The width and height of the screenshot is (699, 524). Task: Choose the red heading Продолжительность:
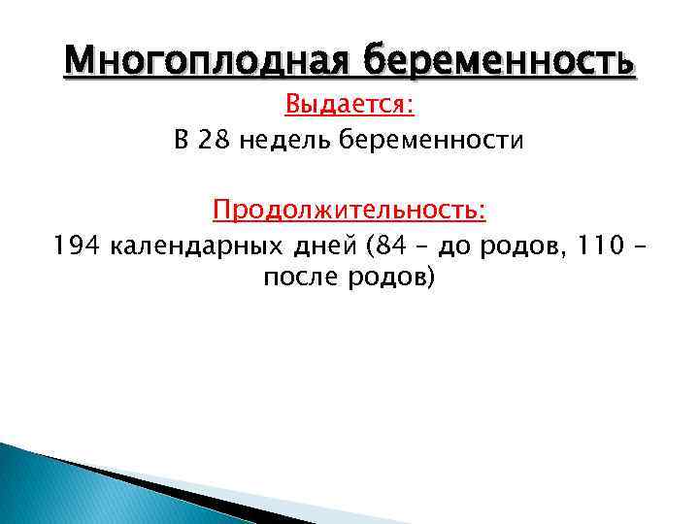click(x=349, y=210)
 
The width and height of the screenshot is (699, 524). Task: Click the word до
click(x=452, y=247)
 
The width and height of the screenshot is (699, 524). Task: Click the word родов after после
click(x=390, y=278)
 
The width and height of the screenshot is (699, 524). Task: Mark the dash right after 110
click(x=636, y=247)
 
